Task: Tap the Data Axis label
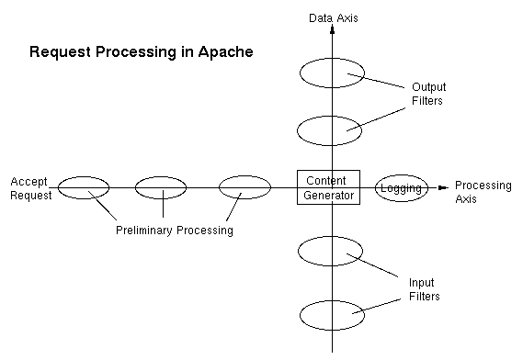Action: pyautogui.click(x=332, y=17)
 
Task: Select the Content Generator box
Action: pyautogui.click(x=328, y=187)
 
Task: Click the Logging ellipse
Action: pyautogui.click(x=402, y=188)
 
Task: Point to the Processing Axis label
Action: pyautogui.click(x=483, y=191)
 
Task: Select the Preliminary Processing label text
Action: pyautogui.click(x=174, y=231)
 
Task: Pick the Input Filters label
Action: pyautogui.click(x=424, y=289)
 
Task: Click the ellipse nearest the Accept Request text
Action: pyautogui.click(x=84, y=187)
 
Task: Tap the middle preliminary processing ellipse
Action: pyautogui.click(x=161, y=187)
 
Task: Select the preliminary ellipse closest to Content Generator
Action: pyautogui.click(x=244, y=187)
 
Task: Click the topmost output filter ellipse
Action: pyautogui.click(x=333, y=72)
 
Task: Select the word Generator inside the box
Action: pyautogui.click(x=328, y=195)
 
